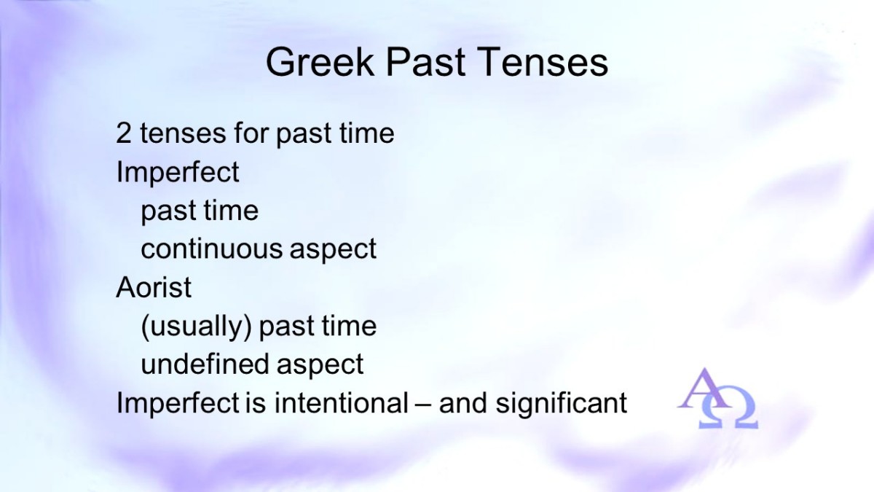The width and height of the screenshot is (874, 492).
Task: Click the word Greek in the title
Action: [x=320, y=62]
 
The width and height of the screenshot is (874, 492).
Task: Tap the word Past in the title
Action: [x=426, y=62]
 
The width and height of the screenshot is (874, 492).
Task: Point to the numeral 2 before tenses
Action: [x=123, y=133]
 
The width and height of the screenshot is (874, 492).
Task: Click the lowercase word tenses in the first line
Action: [x=183, y=133]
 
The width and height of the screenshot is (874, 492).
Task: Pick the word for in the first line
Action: [x=251, y=133]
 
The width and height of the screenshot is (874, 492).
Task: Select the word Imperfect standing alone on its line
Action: [x=178, y=171]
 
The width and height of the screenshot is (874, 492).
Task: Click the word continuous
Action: [x=211, y=249]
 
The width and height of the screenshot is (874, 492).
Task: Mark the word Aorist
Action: [x=154, y=287]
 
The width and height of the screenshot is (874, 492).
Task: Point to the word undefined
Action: [x=205, y=364]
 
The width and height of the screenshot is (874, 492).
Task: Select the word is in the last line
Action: [x=256, y=402]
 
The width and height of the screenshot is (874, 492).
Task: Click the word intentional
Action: [x=342, y=402]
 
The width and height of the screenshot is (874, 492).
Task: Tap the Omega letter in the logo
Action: [x=728, y=407]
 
